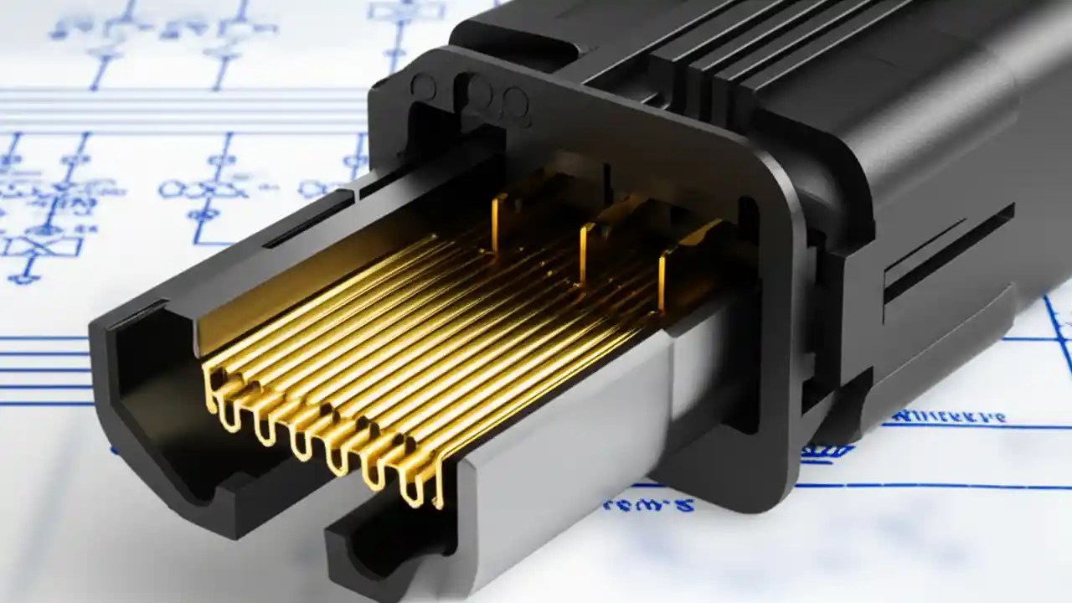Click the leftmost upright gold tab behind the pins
coord(497,223)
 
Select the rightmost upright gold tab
coord(662,281)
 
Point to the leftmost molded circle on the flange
coord(423,85)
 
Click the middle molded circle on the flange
coord(478,90)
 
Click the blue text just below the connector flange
coord(649,505)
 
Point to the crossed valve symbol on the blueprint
coord(42,246)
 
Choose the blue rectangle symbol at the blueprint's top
coord(406,10)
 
